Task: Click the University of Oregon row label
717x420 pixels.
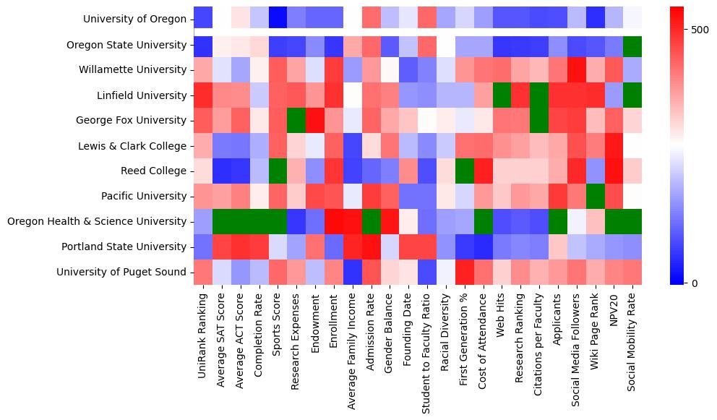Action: click(135, 20)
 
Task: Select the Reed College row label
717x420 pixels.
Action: click(155, 171)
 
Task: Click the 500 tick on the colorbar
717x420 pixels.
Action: click(700, 30)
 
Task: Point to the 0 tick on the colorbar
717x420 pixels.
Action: click(694, 283)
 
